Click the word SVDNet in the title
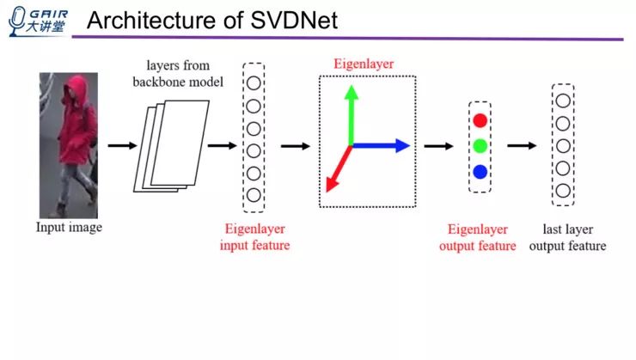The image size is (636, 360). (x=296, y=21)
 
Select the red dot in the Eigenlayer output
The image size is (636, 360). (x=480, y=120)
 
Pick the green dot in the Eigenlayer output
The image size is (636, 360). (x=480, y=146)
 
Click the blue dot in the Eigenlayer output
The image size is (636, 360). (x=480, y=172)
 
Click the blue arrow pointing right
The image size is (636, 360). (x=382, y=146)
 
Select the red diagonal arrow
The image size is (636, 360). (x=338, y=168)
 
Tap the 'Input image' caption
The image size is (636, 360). (x=69, y=228)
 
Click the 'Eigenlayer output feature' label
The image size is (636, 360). (x=478, y=238)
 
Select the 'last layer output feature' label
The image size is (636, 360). (x=567, y=238)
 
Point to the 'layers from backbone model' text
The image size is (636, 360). (x=183, y=74)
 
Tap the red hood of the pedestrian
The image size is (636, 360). (x=76, y=87)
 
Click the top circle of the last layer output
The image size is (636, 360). (x=563, y=101)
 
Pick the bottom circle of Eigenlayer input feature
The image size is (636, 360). (x=254, y=195)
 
